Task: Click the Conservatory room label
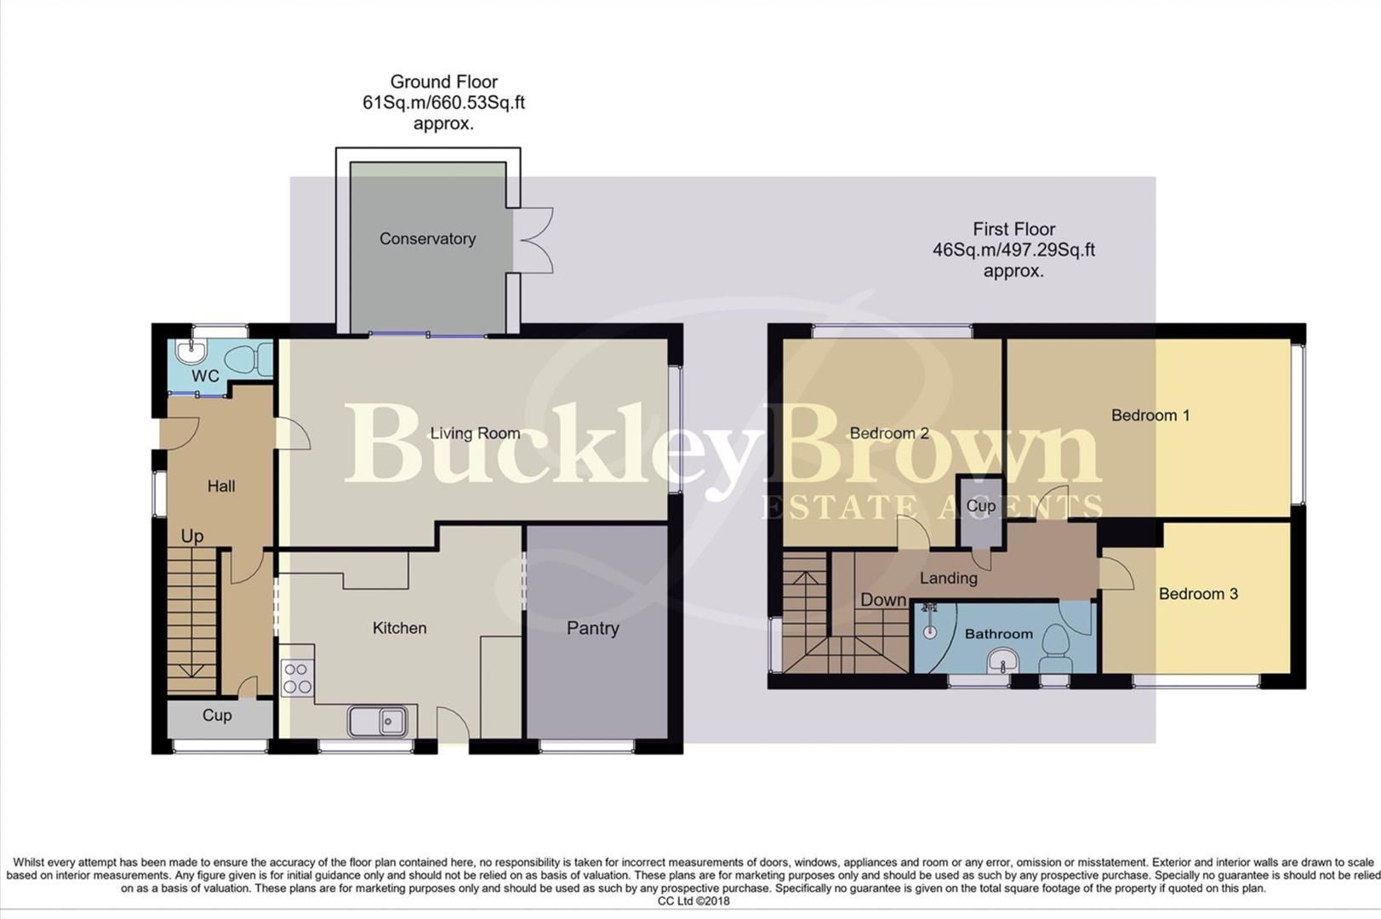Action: [x=427, y=239]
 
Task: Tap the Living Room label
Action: [x=474, y=433]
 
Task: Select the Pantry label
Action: [x=592, y=629]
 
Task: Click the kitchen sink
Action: [x=378, y=722]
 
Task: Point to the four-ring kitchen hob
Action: [x=297, y=678]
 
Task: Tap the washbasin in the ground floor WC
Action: [x=191, y=349]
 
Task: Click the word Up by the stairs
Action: [x=192, y=536]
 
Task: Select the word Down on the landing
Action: [x=882, y=600]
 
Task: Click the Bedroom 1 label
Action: [x=1150, y=415]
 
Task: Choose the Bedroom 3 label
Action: [x=1197, y=594]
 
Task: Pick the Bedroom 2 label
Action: [x=888, y=433]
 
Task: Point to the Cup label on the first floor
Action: [x=980, y=505]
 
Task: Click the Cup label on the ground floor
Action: [x=217, y=716]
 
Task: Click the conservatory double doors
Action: [x=534, y=241]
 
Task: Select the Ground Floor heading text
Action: [x=443, y=83]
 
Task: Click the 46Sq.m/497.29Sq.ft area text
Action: [x=1013, y=250]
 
